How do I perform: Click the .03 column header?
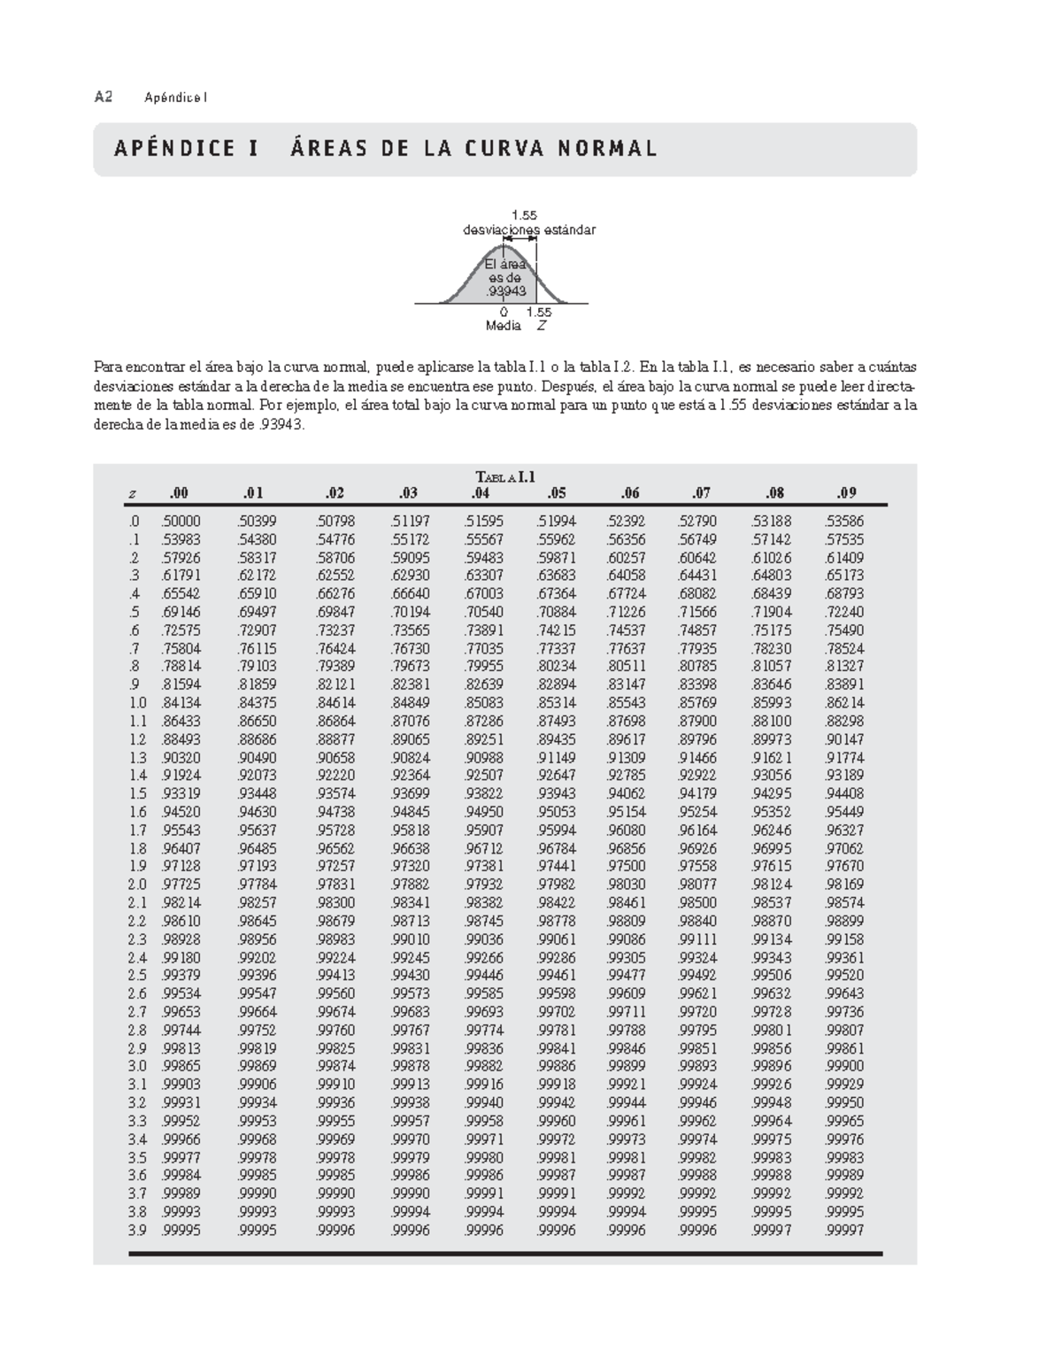click(408, 493)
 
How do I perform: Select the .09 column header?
click(846, 493)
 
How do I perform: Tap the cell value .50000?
click(181, 521)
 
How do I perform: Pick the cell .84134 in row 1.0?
click(181, 703)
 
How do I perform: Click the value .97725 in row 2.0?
click(181, 885)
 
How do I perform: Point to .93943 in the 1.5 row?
click(556, 794)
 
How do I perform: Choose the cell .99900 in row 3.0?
click(844, 1066)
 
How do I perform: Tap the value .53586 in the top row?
click(844, 521)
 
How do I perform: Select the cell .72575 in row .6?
click(181, 630)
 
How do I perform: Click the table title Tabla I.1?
click(505, 477)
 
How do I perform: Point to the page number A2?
click(104, 97)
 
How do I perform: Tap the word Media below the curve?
click(503, 326)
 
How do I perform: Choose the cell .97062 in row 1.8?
click(844, 848)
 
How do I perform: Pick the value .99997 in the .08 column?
click(772, 1230)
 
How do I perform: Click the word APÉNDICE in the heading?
click(174, 149)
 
